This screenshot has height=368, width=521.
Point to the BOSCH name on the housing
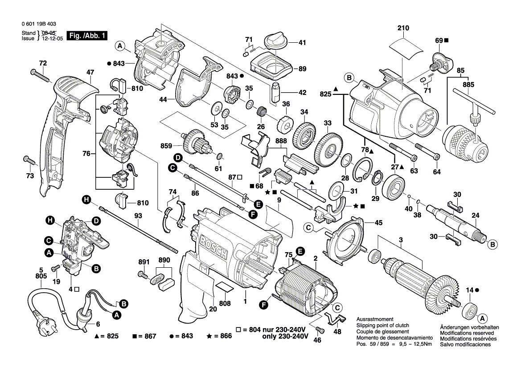pyautogui.click(x=214, y=247)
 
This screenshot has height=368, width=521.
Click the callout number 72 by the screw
pyautogui.click(x=42, y=63)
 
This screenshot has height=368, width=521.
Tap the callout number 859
pyautogui.click(x=166, y=145)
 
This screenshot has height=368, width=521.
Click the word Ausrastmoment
pyautogui.click(x=375, y=320)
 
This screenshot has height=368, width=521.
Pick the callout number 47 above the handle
pyautogui.click(x=90, y=72)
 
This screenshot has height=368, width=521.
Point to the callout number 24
pyautogui.click(x=476, y=216)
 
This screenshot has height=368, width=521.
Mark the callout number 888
pyautogui.click(x=281, y=141)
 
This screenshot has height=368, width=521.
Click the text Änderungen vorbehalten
pyautogui.click(x=469, y=327)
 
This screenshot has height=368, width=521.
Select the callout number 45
pyautogui.click(x=378, y=223)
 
